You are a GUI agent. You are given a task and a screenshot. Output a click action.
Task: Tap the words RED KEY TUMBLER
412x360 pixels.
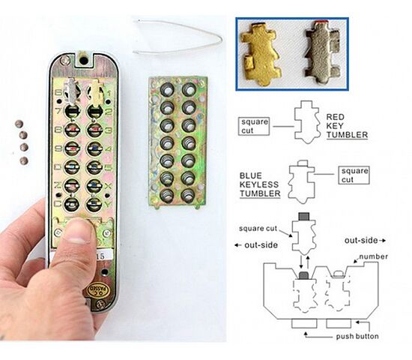(347, 126)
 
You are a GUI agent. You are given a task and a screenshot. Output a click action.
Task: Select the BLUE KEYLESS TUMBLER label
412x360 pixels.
(260, 184)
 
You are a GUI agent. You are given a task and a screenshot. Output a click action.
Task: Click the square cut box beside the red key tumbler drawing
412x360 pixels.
(254, 126)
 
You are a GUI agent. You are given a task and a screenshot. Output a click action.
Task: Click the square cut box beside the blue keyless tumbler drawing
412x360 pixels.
(354, 175)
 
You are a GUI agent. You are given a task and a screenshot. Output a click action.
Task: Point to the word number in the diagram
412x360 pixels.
(373, 256)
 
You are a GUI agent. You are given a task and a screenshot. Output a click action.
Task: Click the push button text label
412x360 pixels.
(357, 336)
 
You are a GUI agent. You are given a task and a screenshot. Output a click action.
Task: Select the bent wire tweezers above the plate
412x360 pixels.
(178, 37)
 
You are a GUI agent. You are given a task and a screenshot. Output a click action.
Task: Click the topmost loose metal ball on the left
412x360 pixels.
(19, 124)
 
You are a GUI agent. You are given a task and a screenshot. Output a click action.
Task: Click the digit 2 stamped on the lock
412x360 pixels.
(109, 112)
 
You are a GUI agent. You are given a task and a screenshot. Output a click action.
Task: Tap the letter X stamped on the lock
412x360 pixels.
(109, 186)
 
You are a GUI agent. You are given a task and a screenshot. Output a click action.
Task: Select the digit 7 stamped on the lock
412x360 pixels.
(58, 111)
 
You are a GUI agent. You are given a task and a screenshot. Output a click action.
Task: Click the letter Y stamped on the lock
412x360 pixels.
(109, 204)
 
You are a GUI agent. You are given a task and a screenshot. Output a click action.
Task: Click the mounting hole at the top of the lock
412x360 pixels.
(84, 61)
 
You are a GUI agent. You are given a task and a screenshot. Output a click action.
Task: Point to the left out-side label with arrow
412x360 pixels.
(256, 245)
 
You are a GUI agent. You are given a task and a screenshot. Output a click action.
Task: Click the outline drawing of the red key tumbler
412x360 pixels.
(306, 122)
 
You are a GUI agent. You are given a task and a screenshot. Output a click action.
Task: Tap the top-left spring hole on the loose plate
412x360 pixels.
(167, 90)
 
